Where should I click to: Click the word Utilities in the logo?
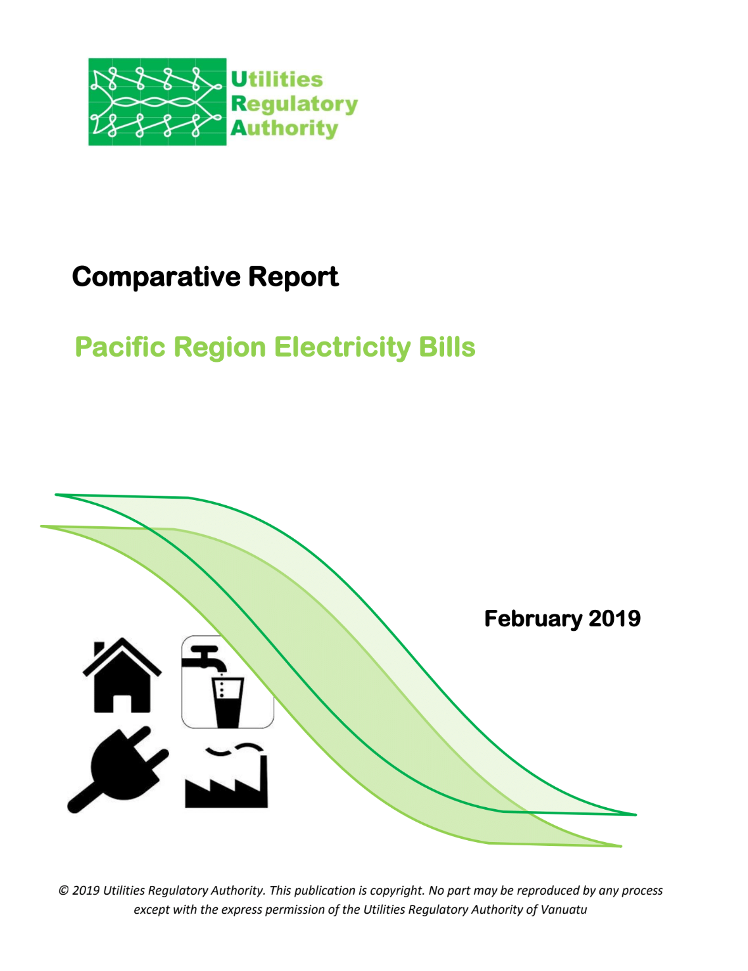click(276, 80)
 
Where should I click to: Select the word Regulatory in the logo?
click(295, 105)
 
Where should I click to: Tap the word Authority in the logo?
click(285, 129)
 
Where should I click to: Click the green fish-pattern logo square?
click(157, 101)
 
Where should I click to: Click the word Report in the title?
click(293, 277)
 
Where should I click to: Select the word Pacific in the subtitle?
click(120, 347)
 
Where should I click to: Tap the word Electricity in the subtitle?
click(342, 347)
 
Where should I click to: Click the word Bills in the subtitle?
click(447, 347)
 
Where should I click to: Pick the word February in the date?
click(533, 619)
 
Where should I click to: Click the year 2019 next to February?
click(614, 618)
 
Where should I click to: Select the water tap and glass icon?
click(228, 682)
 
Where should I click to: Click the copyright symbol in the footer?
click(64, 891)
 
